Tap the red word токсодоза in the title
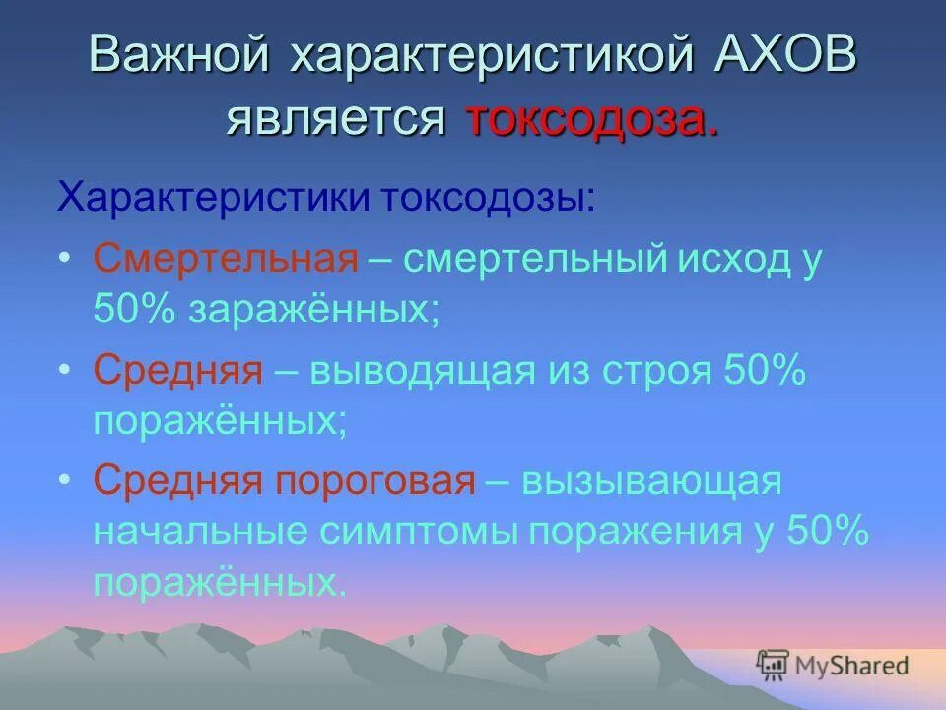[x=589, y=118]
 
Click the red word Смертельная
[x=225, y=260]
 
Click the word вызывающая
[x=651, y=483]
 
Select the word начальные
[x=203, y=532]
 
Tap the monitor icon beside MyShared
[x=773, y=665]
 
